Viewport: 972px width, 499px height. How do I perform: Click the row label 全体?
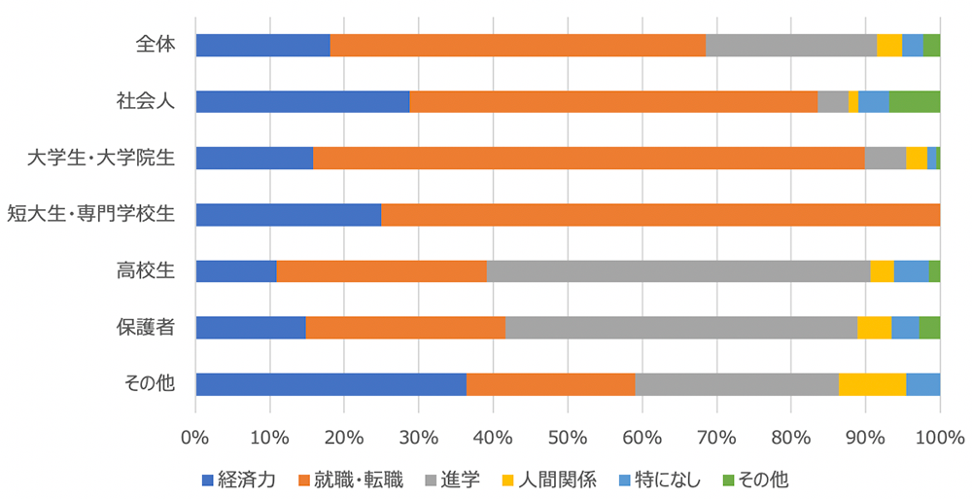coord(156,45)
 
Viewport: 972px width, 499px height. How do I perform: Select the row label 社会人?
coord(149,101)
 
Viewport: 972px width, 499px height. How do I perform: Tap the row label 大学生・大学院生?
coord(101,158)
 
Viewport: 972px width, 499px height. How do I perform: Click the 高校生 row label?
coord(149,270)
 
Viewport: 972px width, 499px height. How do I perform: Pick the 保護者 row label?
coord(149,327)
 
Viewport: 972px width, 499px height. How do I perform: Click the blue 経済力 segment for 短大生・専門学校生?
coord(288,214)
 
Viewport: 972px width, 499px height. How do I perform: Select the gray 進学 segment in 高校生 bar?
coord(677,270)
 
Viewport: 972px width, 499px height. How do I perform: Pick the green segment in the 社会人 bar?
coord(915,101)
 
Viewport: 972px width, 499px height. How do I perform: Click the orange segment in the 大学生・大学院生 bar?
coord(588,158)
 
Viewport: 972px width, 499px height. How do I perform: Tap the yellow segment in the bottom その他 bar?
coord(872,383)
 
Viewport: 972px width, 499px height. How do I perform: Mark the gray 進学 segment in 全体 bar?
coord(790,45)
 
